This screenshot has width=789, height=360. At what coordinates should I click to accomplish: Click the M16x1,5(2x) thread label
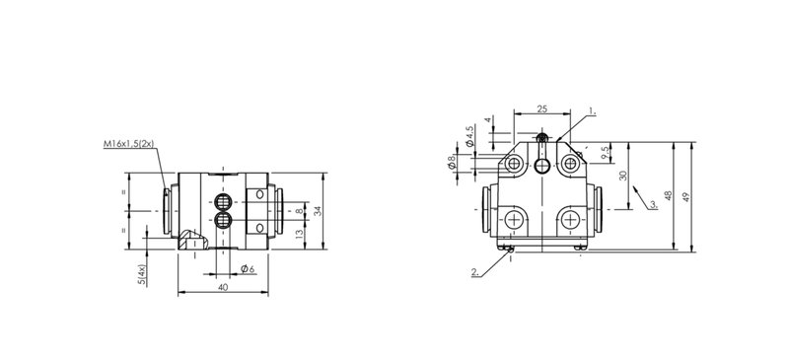[x=128, y=144]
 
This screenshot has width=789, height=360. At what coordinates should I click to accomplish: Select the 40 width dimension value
[x=224, y=287]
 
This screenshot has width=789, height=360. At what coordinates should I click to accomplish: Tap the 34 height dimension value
[x=318, y=211]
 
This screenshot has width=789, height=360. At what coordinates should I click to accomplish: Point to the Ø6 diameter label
[x=248, y=269]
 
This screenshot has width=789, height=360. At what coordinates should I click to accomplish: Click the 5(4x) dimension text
[x=142, y=275]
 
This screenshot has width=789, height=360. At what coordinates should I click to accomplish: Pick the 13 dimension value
[x=300, y=234]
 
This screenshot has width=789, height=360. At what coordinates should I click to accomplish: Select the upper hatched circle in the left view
[x=222, y=202]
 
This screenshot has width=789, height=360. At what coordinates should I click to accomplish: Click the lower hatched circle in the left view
[x=222, y=220]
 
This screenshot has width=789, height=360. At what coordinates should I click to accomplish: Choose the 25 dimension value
[x=541, y=108]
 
